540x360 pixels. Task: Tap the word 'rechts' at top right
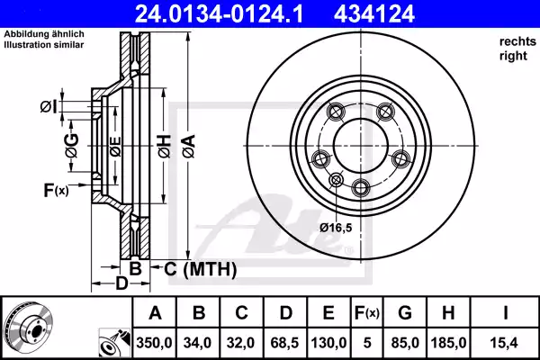coord(512,42)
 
